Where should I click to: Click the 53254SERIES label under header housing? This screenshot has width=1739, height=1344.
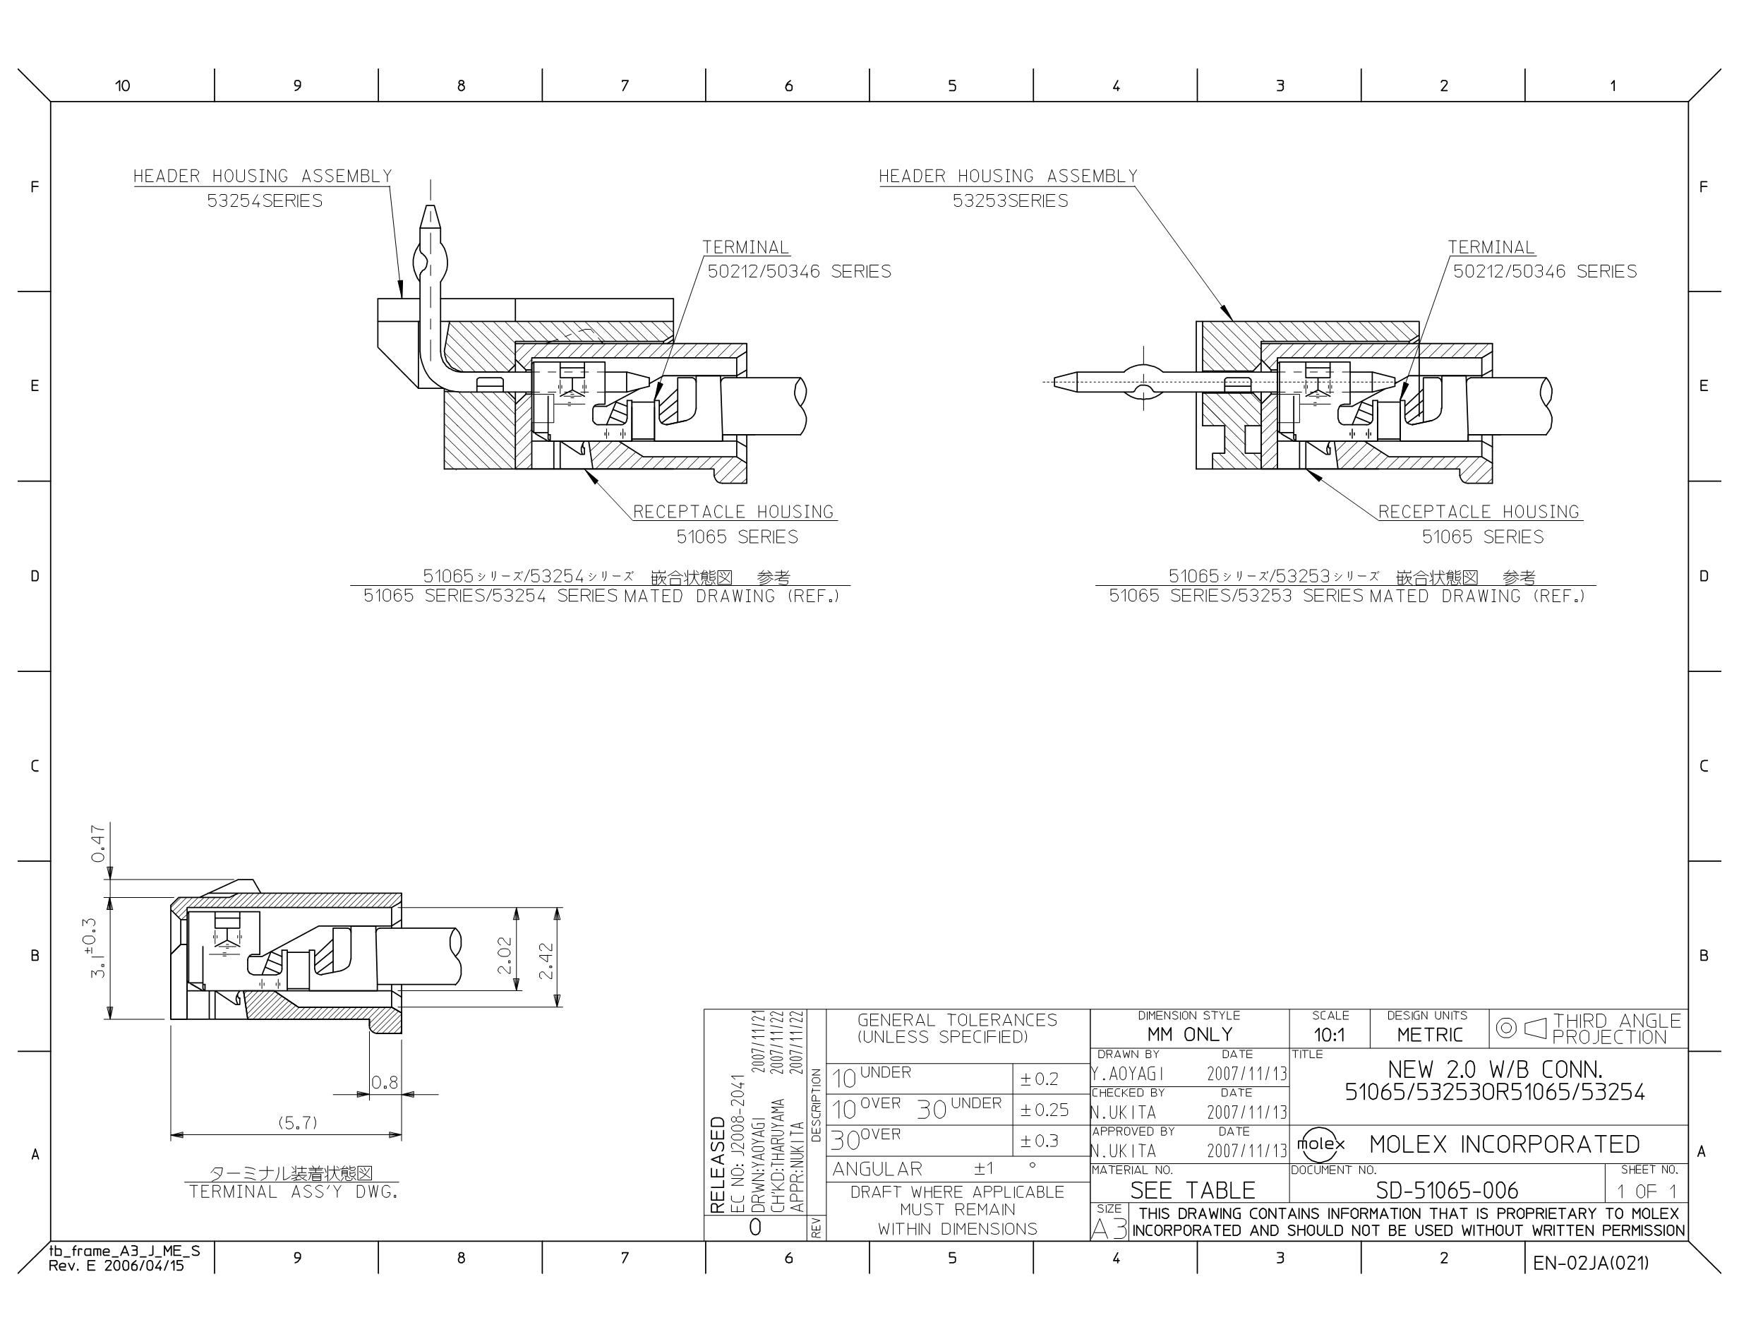[x=265, y=200]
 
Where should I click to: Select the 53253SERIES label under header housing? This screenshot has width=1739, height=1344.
[x=1011, y=200]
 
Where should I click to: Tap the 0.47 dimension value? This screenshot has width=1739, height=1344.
[x=98, y=844]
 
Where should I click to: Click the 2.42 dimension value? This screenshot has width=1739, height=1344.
[x=546, y=962]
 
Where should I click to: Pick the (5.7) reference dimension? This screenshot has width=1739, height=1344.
[x=298, y=1122]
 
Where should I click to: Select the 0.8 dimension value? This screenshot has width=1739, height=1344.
[x=385, y=1082]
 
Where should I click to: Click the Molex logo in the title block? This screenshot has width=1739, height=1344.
[x=1320, y=1145]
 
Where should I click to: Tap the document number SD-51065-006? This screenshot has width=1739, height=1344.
[x=1447, y=1190]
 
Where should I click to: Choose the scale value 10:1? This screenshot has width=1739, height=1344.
[x=1330, y=1035]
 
